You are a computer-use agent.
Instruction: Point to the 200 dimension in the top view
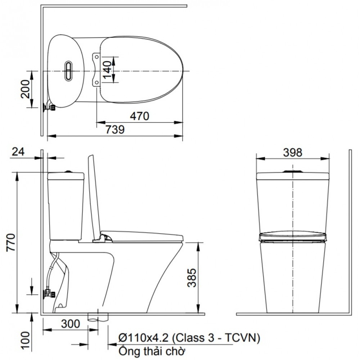click(26, 89)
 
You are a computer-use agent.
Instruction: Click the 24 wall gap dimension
click(18, 152)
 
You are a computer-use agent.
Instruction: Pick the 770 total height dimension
click(10, 244)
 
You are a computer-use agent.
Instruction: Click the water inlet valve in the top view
click(49, 107)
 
